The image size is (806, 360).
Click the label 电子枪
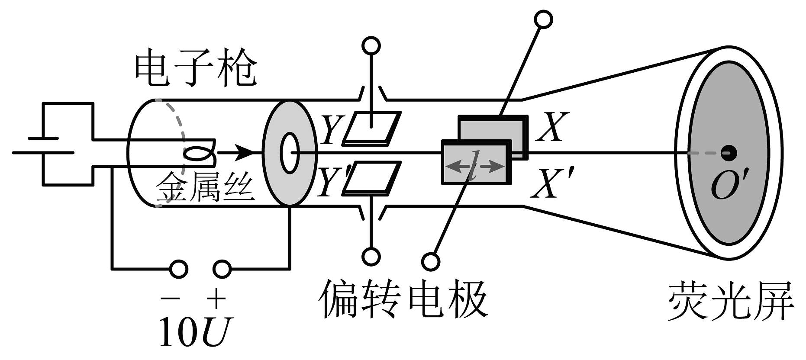pos(196,71)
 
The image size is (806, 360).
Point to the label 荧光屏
pos(730,302)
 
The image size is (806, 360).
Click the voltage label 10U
pos(196,332)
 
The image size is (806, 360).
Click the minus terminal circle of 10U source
pos(178,269)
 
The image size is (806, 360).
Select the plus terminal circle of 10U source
pos(222,269)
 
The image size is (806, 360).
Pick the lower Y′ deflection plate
pos(371,177)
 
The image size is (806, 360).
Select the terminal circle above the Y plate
pos(371,45)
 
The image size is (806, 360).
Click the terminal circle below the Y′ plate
pos(371,257)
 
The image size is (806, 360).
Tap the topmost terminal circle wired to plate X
pos(544,19)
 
